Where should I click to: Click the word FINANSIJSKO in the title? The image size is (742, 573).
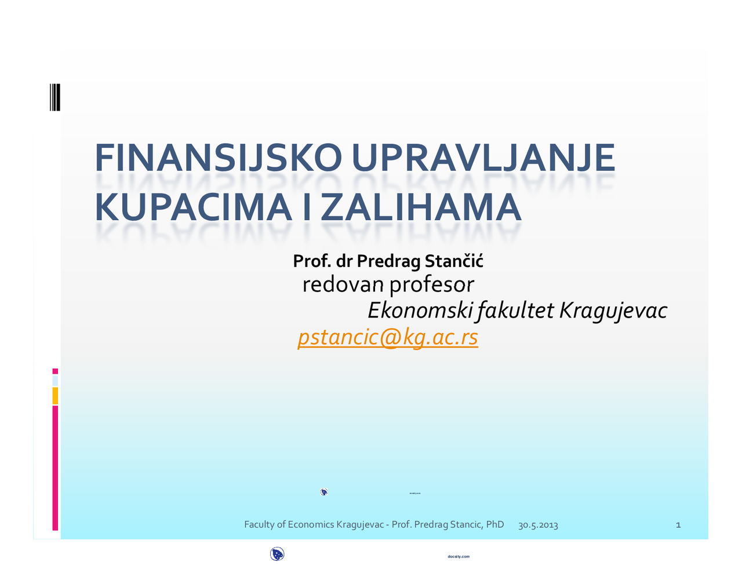tap(218, 158)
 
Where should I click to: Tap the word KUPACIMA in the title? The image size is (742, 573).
tap(193, 207)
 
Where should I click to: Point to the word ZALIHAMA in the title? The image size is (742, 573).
tap(421, 207)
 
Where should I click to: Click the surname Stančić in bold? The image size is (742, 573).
tap(454, 261)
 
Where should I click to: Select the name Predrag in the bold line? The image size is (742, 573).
tap(388, 261)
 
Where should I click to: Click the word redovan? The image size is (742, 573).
tap(343, 284)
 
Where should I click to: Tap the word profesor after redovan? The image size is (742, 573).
tap(432, 284)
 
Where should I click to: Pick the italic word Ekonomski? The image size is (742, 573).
tap(420, 311)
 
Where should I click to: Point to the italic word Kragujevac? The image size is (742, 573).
tap(613, 311)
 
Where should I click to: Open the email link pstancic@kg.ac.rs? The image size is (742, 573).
tap(388, 337)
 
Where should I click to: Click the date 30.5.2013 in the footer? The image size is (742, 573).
tap(538, 525)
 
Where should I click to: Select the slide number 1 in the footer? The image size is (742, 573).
tap(678, 525)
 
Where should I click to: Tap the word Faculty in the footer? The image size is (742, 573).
tap(259, 524)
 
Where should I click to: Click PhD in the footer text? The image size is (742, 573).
tap(495, 524)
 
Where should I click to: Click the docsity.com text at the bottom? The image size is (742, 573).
tap(459, 557)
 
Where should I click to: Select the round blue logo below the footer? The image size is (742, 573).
tap(277, 554)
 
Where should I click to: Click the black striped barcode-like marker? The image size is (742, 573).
tap(55, 97)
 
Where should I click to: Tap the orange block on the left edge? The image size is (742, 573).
tap(55, 396)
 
